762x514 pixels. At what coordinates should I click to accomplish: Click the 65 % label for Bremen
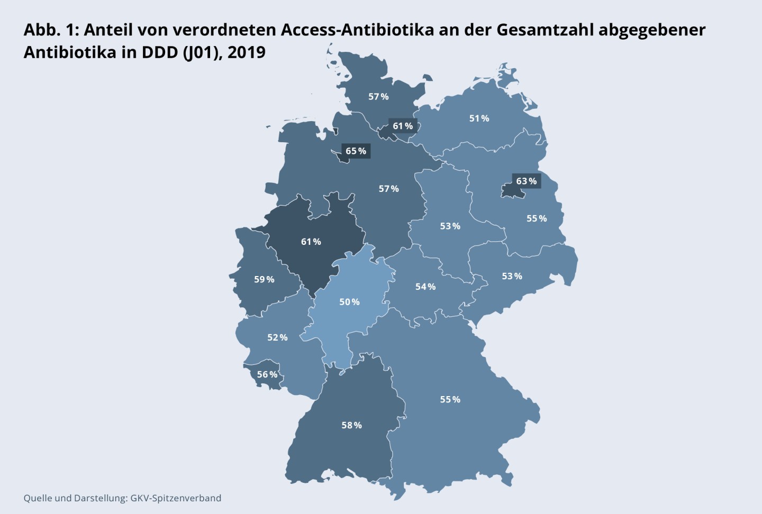[x=356, y=151]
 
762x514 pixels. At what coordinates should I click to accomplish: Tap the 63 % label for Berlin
[x=526, y=181]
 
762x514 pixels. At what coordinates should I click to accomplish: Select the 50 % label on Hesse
[x=349, y=302]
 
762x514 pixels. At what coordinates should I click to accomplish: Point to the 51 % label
[x=479, y=118]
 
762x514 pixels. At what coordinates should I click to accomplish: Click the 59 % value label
[x=264, y=279]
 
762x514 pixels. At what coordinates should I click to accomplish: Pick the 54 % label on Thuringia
[x=425, y=287]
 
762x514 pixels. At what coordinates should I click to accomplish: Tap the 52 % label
[x=277, y=337]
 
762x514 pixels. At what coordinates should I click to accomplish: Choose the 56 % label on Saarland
[x=267, y=374]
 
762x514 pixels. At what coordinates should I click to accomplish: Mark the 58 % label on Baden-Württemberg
[x=351, y=425]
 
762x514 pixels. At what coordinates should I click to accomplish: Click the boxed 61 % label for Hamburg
[x=402, y=126]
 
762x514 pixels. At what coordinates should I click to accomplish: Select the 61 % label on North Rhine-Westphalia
[x=311, y=242]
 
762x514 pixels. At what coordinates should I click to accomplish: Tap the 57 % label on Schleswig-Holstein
[x=378, y=97]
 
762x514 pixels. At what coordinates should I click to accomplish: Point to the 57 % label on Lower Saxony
[x=388, y=189]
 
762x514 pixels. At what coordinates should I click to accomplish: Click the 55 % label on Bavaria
[x=450, y=399]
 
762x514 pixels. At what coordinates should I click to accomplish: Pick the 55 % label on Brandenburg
[x=536, y=218]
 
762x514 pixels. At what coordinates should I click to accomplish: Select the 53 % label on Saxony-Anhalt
[x=450, y=226]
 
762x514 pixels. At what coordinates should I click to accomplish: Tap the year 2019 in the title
[x=247, y=53]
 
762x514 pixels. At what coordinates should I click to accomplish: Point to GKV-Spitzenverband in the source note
[x=176, y=498]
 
